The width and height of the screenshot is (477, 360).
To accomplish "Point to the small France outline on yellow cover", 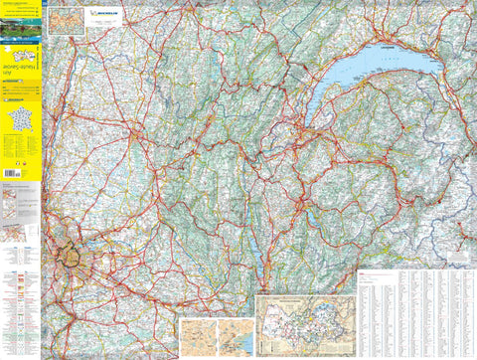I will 20,121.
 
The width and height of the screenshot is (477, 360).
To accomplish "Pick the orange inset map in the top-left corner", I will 67,21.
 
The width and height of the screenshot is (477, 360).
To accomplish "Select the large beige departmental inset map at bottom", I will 305,322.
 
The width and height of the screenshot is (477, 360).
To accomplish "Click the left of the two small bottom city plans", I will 198,333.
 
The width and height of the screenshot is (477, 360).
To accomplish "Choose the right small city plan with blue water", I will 235,333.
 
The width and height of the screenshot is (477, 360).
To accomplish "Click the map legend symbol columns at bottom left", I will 20,298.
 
